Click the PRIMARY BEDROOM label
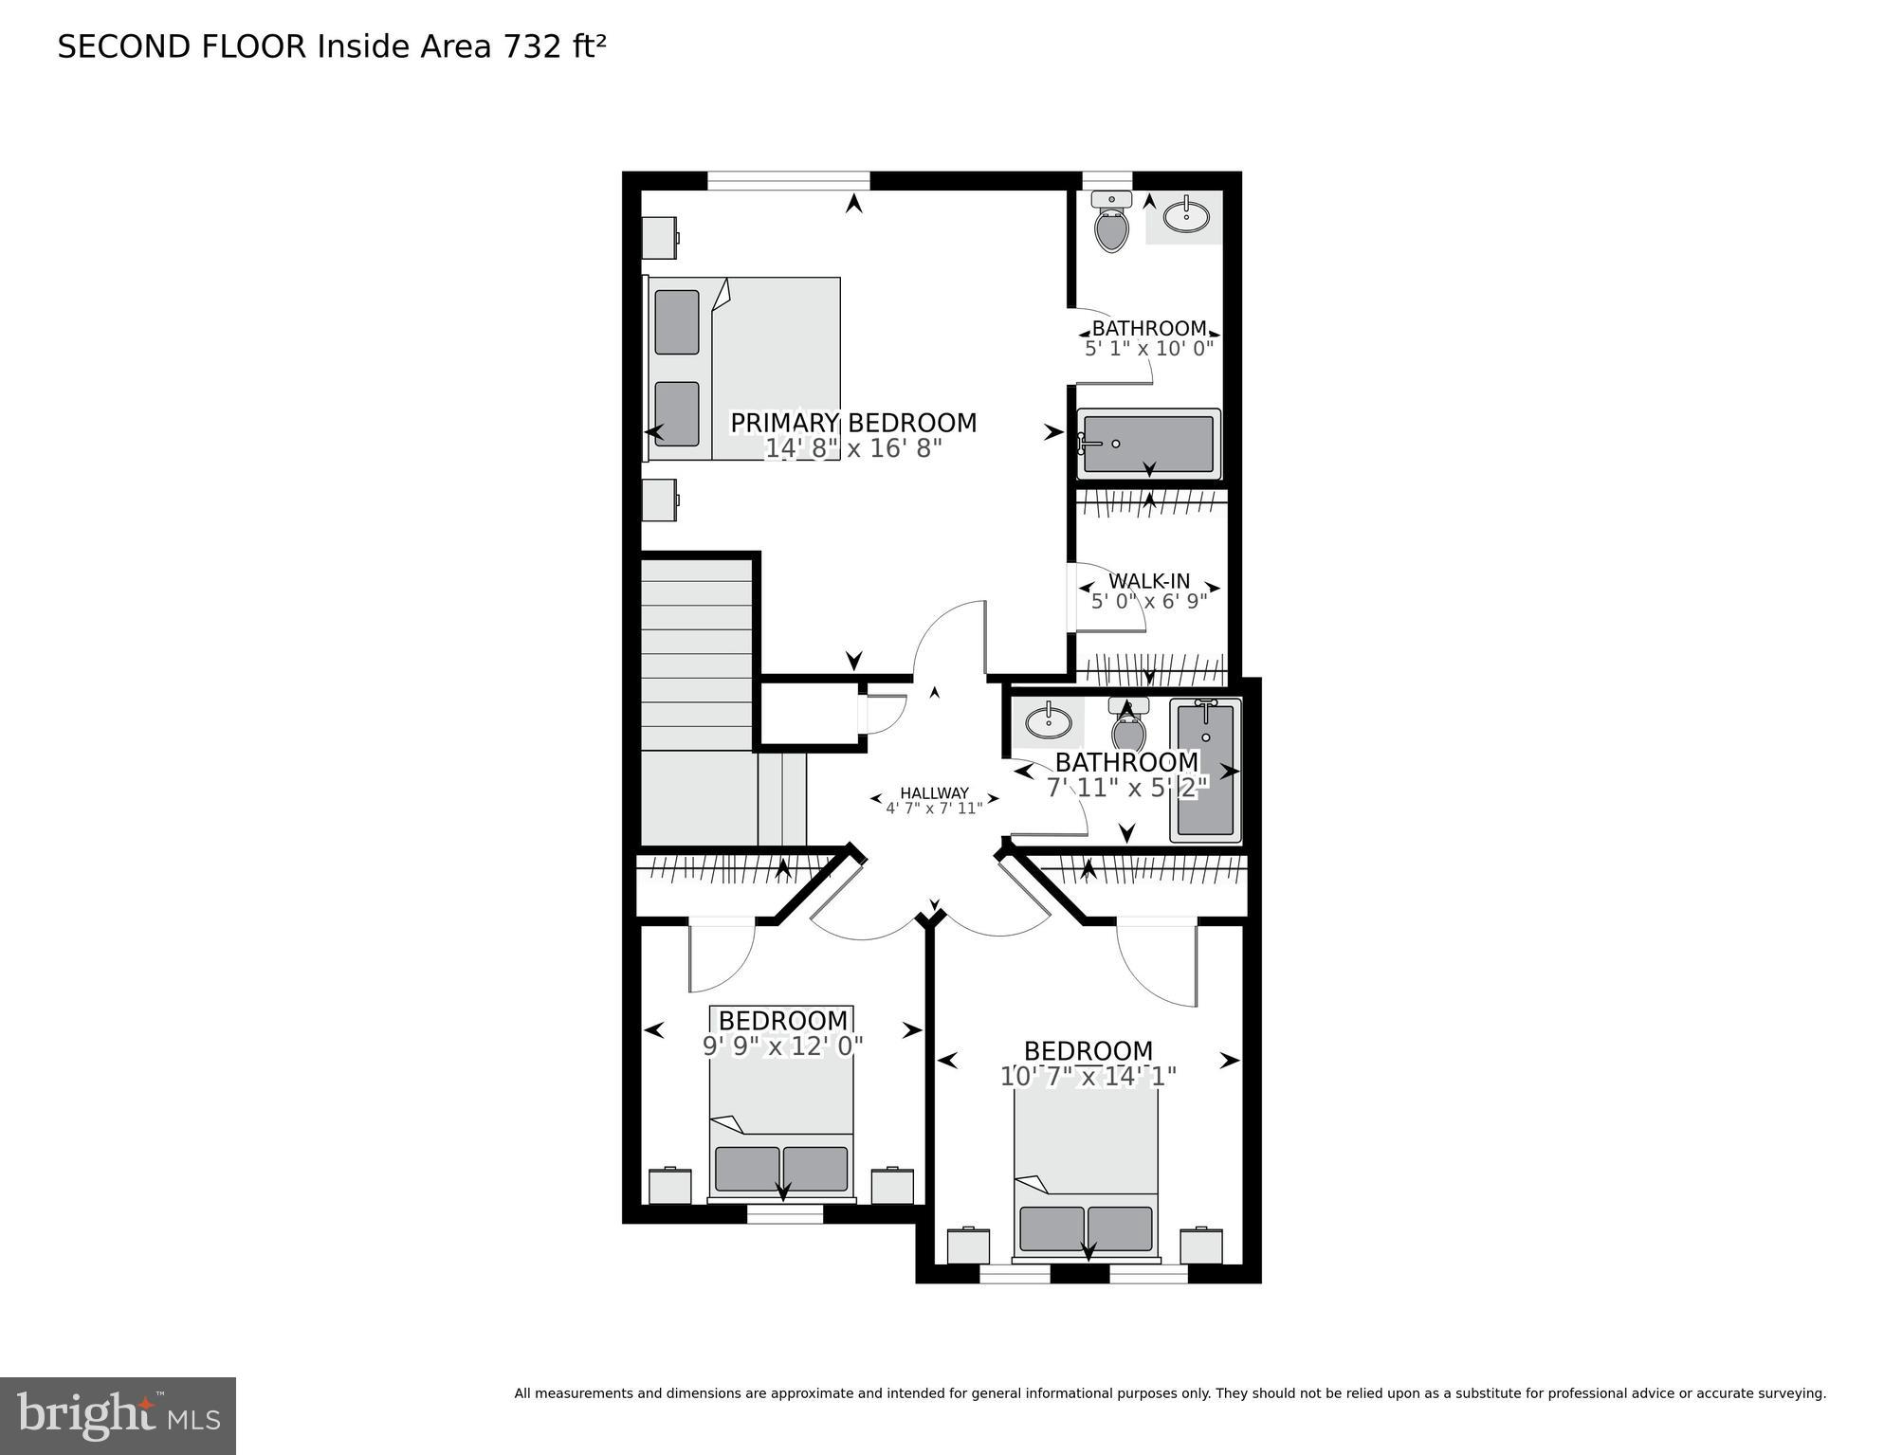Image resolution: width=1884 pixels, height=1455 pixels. click(852, 423)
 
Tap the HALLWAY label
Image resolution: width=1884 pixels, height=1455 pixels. click(934, 793)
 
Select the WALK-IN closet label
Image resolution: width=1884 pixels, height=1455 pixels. click(1149, 581)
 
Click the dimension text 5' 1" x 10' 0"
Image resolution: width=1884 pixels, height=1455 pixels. click(1149, 349)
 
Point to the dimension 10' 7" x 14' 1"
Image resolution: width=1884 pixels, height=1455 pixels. click(1088, 1077)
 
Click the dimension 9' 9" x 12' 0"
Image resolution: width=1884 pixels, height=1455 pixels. click(782, 1046)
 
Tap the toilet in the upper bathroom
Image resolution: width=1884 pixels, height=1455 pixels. click(1111, 224)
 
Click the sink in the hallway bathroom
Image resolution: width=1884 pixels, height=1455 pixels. click(1048, 722)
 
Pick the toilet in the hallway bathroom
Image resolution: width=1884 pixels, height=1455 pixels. click(1128, 726)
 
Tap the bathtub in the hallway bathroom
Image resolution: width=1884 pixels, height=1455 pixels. click(1205, 771)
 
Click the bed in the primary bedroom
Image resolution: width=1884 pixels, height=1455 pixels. click(744, 369)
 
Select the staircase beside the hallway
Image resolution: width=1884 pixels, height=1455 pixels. click(698, 701)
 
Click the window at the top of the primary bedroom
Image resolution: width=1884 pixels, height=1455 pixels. click(788, 180)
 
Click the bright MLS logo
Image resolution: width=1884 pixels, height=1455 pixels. click(118, 1415)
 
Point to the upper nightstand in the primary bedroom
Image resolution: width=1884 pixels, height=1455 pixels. click(659, 238)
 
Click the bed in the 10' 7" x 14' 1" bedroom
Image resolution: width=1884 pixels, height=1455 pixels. click(1086, 1180)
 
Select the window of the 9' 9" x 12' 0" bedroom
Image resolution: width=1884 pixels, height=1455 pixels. click(785, 1213)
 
